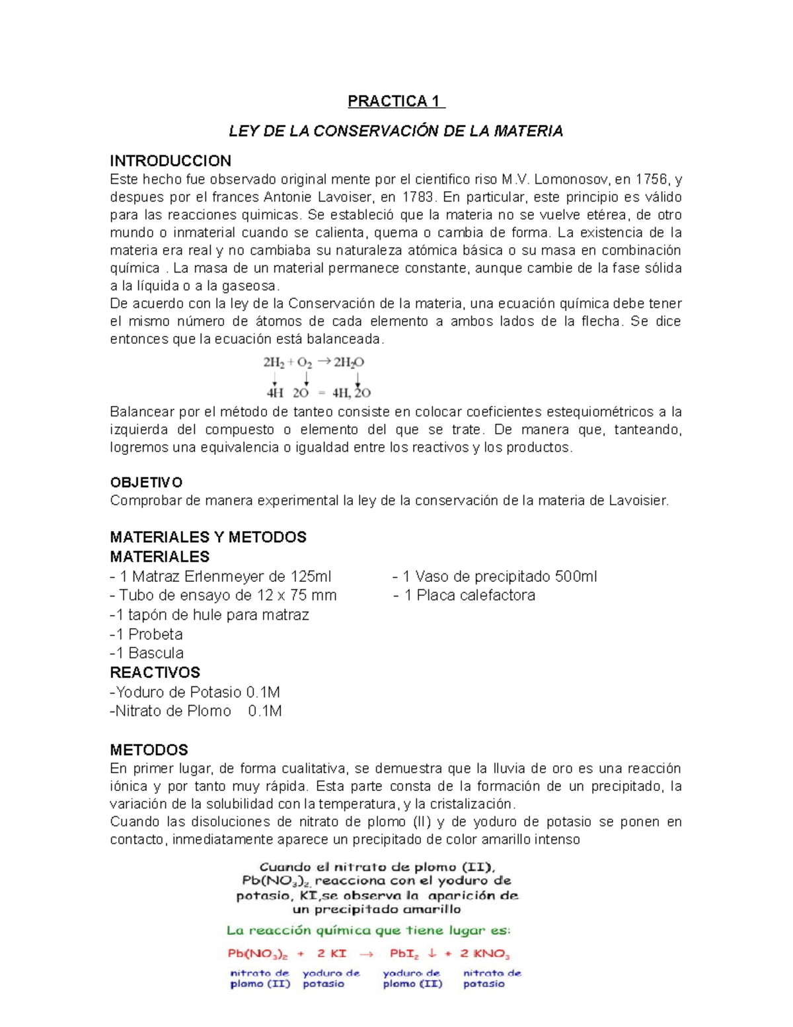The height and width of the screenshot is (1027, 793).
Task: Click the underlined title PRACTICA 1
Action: point(396,101)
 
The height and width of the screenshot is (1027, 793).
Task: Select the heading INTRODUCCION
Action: point(170,161)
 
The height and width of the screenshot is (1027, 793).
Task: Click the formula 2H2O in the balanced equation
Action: point(349,362)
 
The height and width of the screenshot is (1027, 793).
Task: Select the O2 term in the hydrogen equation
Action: point(305,362)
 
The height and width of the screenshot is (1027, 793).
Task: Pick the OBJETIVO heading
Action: point(146,482)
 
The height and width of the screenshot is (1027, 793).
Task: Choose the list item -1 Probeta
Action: point(146,634)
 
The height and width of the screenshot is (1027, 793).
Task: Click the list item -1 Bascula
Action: point(147,653)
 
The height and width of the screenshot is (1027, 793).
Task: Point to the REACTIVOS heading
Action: point(155,673)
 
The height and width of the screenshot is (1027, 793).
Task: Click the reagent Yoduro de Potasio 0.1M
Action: point(195,692)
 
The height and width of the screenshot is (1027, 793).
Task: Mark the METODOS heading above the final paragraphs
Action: point(149,750)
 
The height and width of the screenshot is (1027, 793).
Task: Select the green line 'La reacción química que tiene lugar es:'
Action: point(368,930)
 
